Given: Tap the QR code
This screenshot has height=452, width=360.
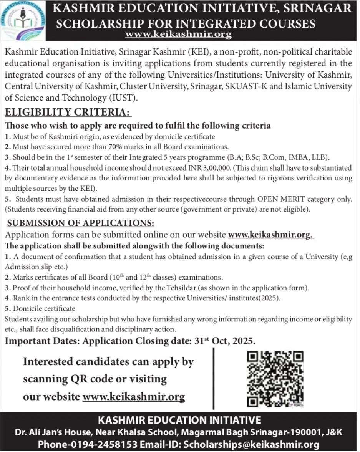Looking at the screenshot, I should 275,379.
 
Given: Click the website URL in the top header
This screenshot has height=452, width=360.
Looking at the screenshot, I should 179,35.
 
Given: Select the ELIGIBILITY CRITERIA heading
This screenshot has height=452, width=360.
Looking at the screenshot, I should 68,112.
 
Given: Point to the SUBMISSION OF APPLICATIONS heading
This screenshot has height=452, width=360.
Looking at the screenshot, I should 81,223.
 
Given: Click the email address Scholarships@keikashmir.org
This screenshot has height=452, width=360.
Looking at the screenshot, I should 252,444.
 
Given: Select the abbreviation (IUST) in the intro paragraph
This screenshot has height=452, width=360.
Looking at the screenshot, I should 124,98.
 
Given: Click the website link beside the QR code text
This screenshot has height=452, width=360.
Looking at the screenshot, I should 134,396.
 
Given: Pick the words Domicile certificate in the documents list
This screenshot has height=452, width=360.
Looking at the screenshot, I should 44,308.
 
